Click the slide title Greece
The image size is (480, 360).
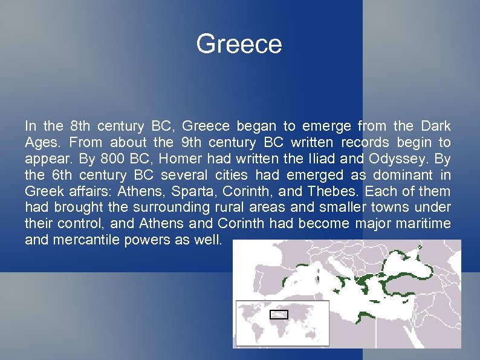239,45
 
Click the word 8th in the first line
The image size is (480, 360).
82,126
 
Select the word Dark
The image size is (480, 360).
435,126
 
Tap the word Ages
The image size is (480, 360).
42,143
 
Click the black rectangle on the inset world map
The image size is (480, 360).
279,314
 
